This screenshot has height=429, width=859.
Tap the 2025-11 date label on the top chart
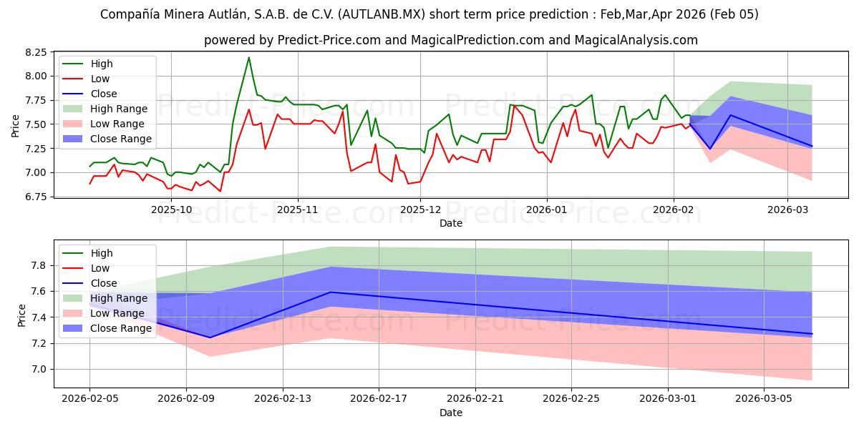[297, 209]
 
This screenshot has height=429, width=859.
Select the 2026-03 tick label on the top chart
[787, 209]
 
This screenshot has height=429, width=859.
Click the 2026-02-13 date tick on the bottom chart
[283, 399]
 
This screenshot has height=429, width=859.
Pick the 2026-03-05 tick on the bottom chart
[765, 399]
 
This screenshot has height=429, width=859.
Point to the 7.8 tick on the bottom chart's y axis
[40, 265]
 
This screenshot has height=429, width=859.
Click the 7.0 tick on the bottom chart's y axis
[40, 369]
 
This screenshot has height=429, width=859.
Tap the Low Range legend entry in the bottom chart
[119, 313]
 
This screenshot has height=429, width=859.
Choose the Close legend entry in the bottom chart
[104, 283]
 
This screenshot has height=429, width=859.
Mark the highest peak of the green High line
[249, 57]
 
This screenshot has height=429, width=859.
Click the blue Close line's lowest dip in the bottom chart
[210, 337]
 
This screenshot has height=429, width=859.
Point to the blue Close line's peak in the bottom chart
[331, 292]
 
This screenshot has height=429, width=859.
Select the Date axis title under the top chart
[451, 223]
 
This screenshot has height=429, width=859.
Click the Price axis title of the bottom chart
[22, 315]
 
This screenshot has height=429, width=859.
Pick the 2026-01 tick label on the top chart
[547, 209]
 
